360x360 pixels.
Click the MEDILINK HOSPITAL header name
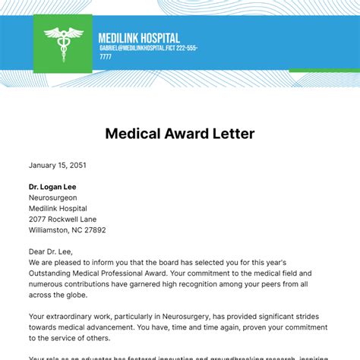pos(139,38)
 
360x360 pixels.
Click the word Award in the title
pos(179,134)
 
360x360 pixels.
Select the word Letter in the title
pos(230,134)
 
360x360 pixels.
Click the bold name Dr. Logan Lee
pos(52,187)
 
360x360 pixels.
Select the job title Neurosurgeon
pos(53,197)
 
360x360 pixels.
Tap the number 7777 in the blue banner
pos(106,56)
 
